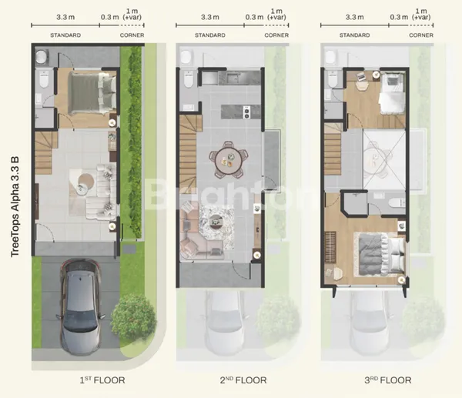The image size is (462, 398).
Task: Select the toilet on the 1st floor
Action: (x=45, y=79)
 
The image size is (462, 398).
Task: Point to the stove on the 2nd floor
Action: (x=246, y=112)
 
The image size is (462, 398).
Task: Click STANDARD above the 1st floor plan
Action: (x=66, y=35)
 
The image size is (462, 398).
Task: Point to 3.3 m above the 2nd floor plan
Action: (x=209, y=16)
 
